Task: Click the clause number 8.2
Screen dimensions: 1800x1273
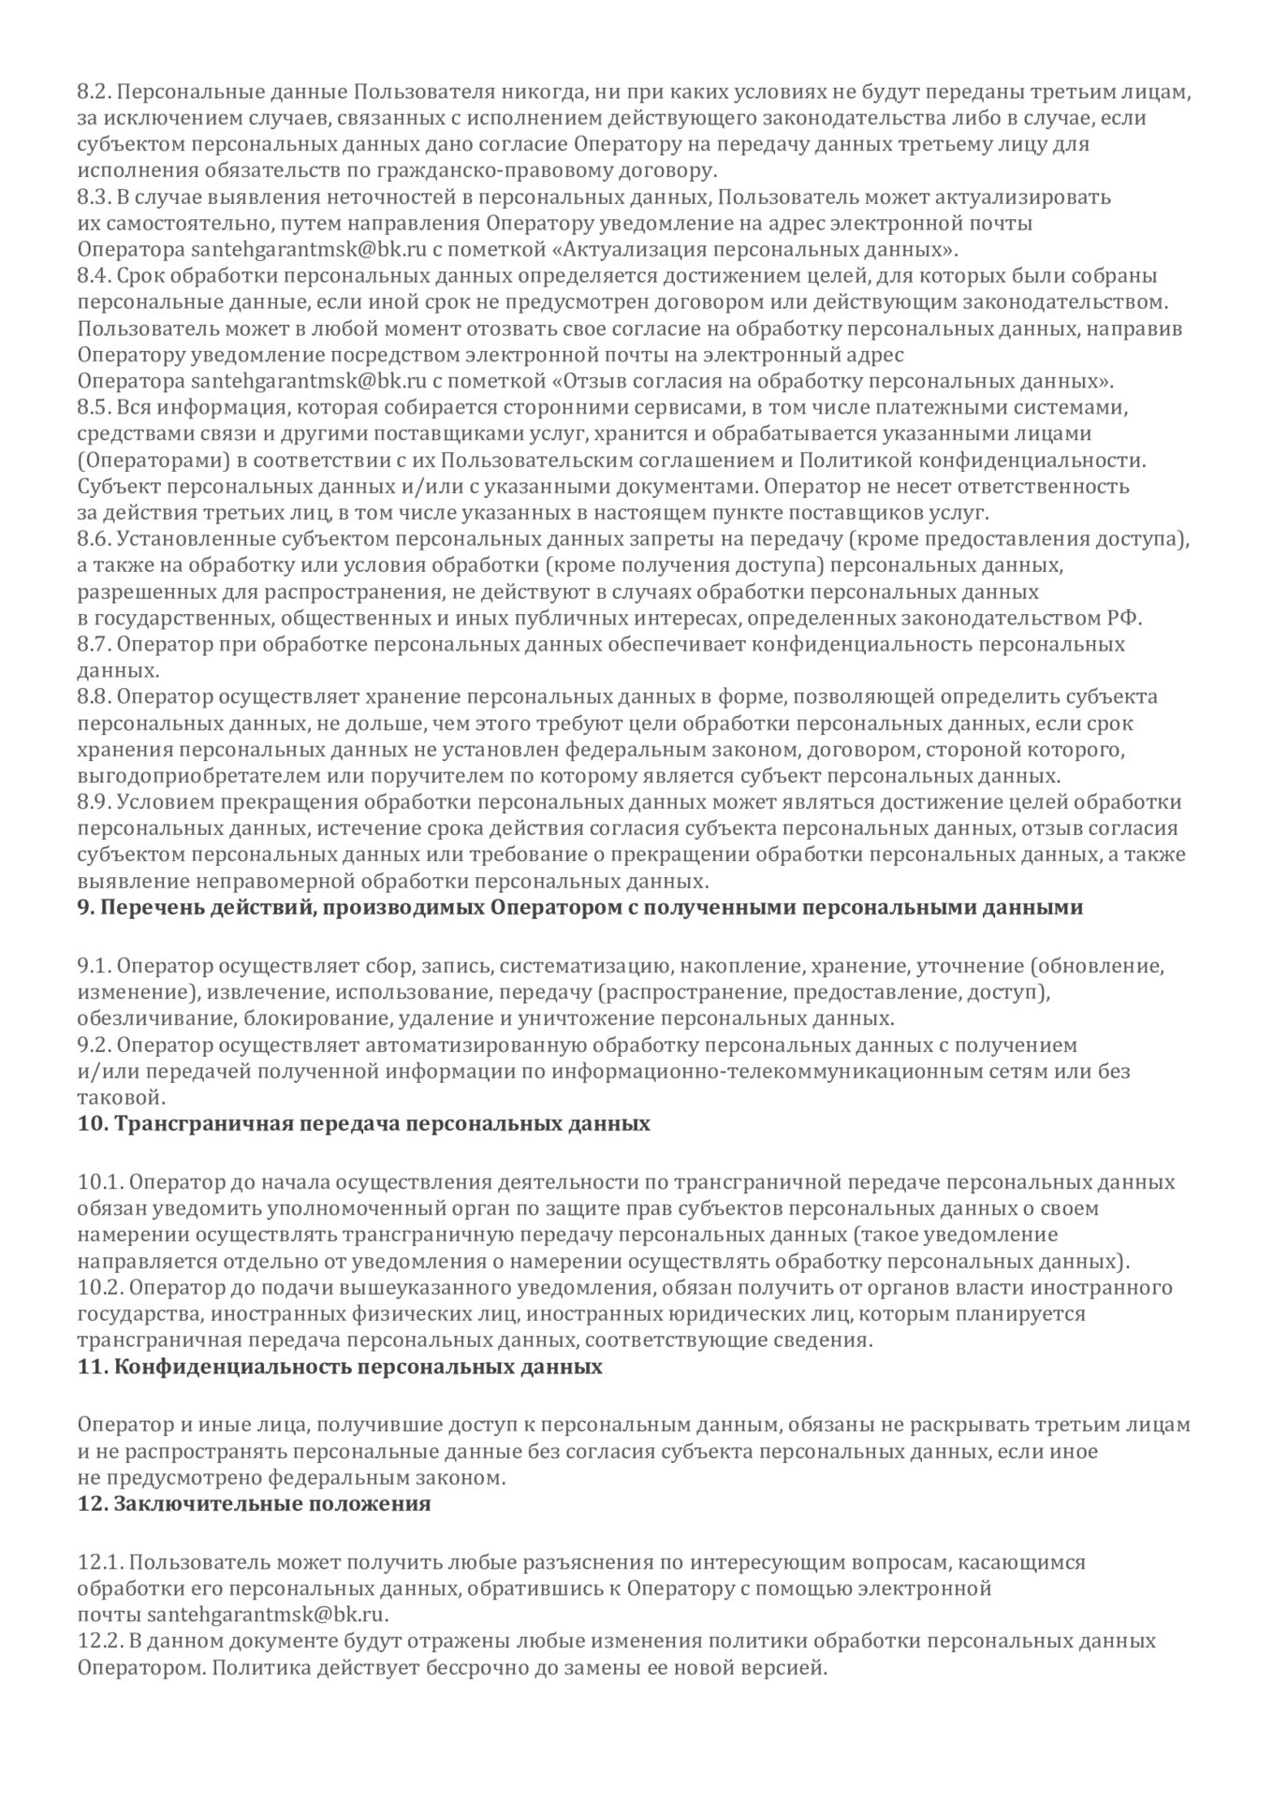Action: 94,92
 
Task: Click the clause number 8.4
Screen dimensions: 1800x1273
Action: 94,276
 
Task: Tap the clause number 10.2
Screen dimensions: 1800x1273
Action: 97,1287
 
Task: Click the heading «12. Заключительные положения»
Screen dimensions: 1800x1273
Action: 254,1504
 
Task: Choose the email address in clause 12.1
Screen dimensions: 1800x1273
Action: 268,1615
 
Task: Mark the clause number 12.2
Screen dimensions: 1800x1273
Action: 97,1641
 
